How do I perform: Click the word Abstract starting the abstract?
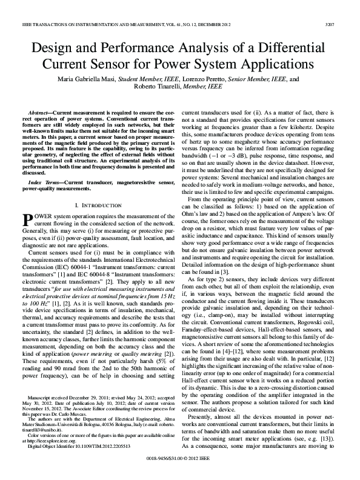point(40,113)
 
